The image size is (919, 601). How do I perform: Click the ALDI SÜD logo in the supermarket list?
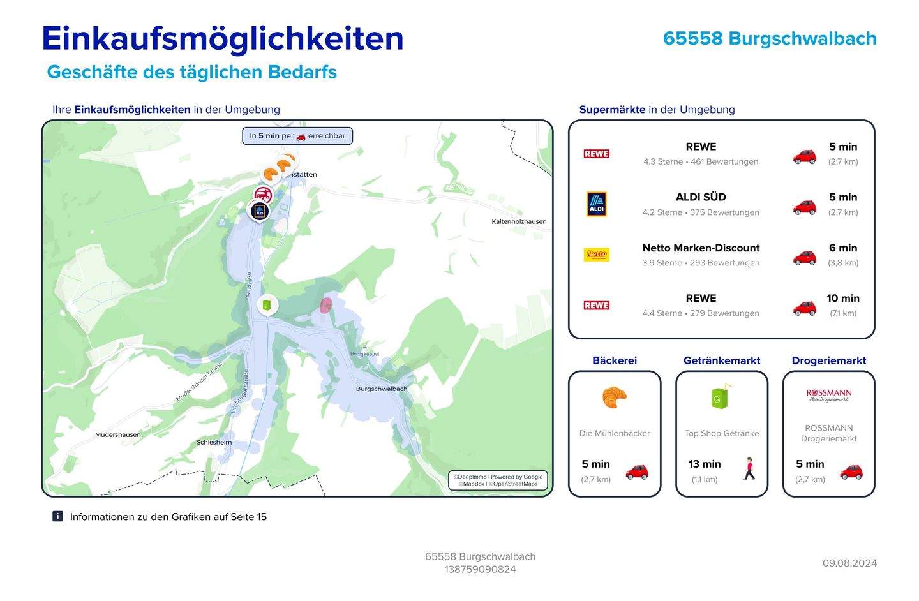click(596, 204)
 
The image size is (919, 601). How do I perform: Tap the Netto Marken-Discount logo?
click(596, 255)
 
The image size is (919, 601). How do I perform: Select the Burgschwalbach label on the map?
click(381, 389)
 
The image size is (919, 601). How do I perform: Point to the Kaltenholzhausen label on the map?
click(519, 221)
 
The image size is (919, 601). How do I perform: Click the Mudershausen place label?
click(118, 434)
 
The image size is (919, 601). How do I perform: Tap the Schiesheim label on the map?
click(214, 442)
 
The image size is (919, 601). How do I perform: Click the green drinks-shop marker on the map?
click(267, 306)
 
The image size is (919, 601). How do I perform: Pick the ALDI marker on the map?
click(259, 211)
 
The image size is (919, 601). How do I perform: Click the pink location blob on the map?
click(325, 305)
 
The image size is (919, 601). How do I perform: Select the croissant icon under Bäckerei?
click(614, 397)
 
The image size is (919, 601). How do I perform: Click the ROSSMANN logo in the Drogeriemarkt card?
click(828, 396)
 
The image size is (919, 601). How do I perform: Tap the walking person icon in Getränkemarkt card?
click(749, 469)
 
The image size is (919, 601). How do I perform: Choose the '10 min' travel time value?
click(842, 298)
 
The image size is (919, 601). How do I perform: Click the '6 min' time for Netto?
click(842, 248)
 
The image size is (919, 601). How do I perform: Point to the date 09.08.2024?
click(849, 563)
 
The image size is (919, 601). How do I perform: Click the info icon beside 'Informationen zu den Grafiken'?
click(57, 516)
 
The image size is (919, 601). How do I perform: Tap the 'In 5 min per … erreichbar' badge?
click(297, 136)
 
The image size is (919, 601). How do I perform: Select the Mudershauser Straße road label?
click(198, 382)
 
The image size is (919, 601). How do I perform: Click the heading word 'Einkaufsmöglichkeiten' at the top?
click(223, 38)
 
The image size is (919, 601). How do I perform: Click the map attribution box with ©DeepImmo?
click(498, 480)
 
